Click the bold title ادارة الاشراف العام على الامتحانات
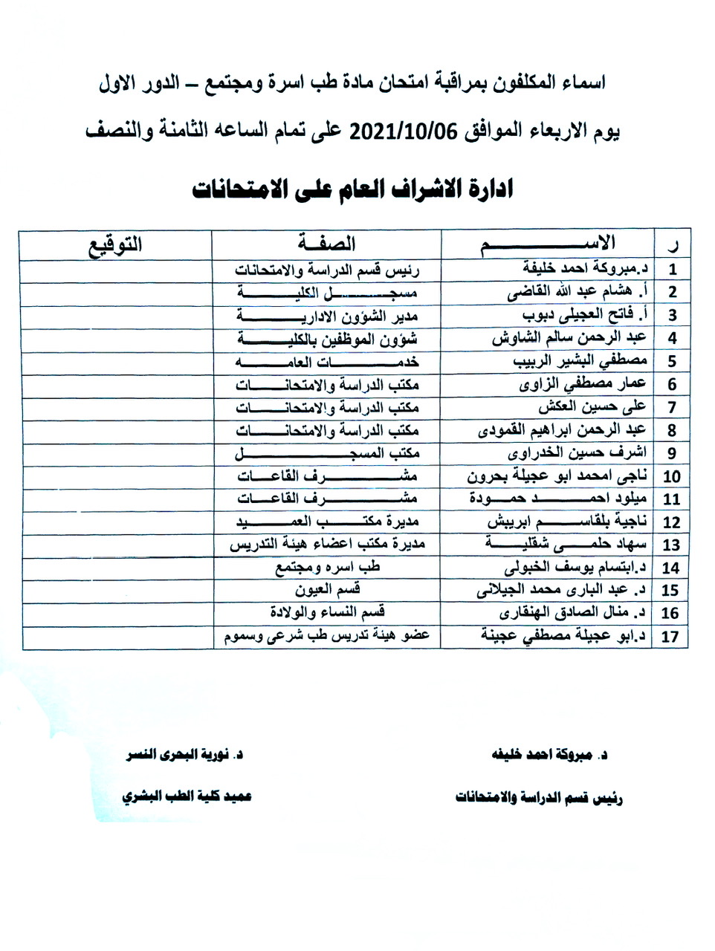click(x=352, y=189)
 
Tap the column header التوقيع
click(x=115, y=244)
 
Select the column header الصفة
click(x=326, y=244)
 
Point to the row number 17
click(x=670, y=637)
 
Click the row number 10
click(x=671, y=476)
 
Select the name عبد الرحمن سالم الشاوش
click(x=569, y=338)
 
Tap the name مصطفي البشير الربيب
click(x=580, y=361)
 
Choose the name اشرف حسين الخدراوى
click(x=577, y=452)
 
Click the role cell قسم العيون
click(x=327, y=590)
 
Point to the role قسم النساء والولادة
click(x=327, y=613)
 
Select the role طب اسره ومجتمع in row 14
click(x=327, y=568)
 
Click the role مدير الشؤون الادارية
click(x=327, y=315)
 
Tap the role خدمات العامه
click(x=327, y=362)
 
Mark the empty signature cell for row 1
click(x=115, y=269)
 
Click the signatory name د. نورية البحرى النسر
click(x=185, y=755)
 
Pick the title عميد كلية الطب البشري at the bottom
click(x=187, y=796)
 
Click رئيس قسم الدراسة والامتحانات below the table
click(x=539, y=798)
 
